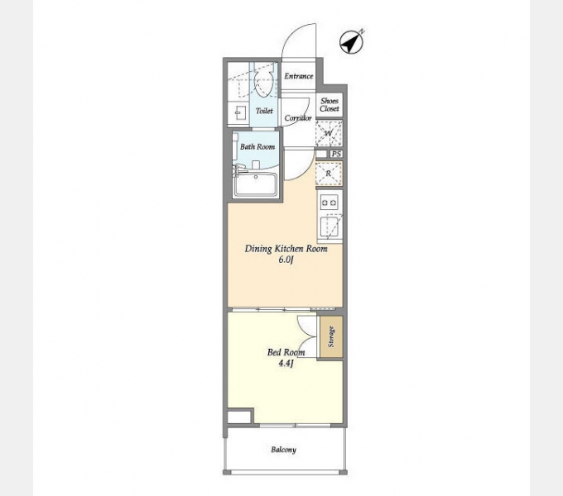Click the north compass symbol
click(x=352, y=42)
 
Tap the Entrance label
click(x=299, y=76)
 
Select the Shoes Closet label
click(x=330, y=105)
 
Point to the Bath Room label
click(x=257, y=146)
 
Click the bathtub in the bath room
click(x=255, y=185)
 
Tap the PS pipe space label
click(x=336, y=154)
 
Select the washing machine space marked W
click(x=329, y=134)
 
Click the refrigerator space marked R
click(x=329, y=174)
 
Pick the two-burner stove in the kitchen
click(x=330, y=203)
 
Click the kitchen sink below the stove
click(x=330, y=227)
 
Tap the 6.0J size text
click(x=286, y=260)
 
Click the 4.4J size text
click(x=286, y=364)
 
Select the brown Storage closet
click(x=331, y=336)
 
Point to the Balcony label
click(x=284, y=450)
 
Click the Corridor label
click(x=298, y=117)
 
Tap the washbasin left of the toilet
click(x=238, y=113)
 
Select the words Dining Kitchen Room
click(x=286, y=249)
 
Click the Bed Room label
click(x=286, y=352)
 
